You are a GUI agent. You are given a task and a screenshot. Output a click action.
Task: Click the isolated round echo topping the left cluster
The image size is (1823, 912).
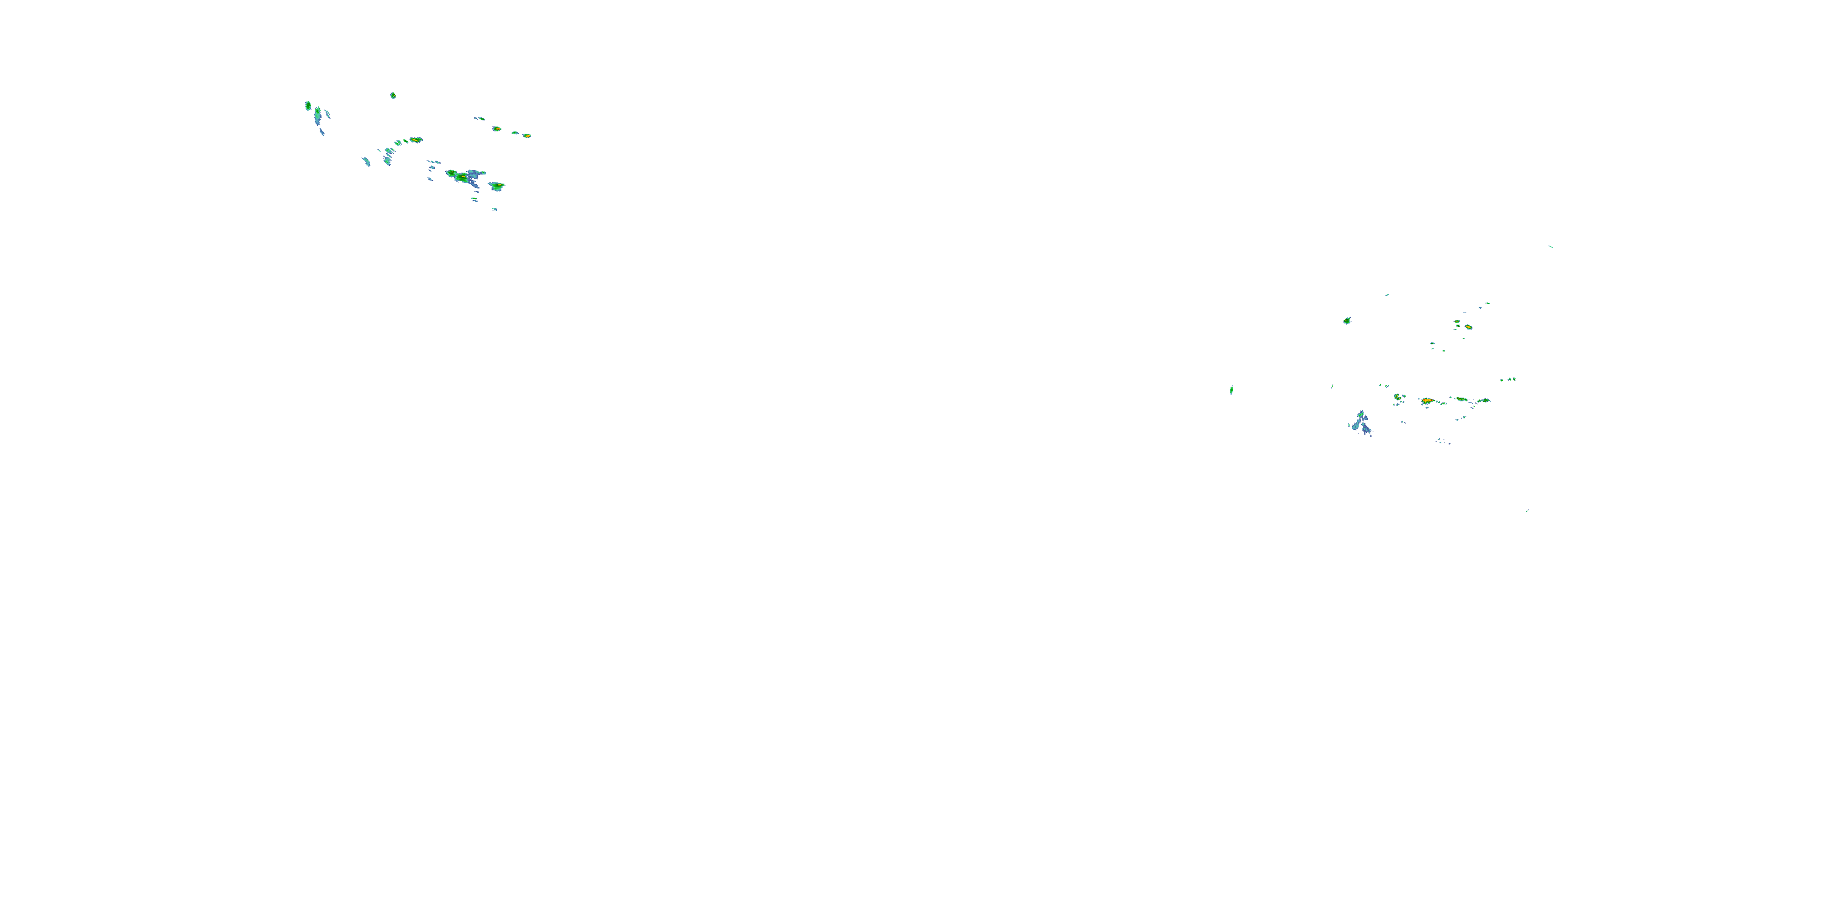(x=393, y=95)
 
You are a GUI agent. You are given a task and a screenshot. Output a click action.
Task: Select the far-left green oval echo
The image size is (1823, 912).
(x=308, y=106)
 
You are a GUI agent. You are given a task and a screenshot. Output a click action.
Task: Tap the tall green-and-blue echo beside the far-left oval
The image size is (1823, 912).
(x=318, y=113)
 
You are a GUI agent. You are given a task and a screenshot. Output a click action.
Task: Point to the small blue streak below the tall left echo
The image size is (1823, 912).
(x=322, y=132)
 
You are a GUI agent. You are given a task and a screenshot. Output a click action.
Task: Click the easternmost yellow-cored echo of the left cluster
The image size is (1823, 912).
(x=526, y=135)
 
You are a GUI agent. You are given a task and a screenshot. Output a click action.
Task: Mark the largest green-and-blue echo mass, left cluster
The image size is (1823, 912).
(x=464, y=176)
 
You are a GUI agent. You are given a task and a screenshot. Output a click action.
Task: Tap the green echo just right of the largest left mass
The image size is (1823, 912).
(x=497, y=186)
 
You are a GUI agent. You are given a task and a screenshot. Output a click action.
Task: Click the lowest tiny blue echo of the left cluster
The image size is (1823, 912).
(x=495, y=209)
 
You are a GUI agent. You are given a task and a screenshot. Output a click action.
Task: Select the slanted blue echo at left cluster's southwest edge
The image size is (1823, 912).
(x=366, y=162)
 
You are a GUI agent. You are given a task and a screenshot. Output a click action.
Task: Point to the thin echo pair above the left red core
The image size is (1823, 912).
(x=479, y=118)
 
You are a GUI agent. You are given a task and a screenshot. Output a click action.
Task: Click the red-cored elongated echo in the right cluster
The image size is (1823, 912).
(x=1427, y=401)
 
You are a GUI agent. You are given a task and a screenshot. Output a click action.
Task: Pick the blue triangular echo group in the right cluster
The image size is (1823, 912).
(x=1361, y=423)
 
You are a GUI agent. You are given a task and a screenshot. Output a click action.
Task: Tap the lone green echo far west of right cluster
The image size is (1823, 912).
(x=1231, y=390)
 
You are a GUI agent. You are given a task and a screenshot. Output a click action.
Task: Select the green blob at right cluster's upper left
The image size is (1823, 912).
(x=1347, y=321)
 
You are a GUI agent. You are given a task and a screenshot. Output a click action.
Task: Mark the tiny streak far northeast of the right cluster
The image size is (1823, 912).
(x=1551, y=246)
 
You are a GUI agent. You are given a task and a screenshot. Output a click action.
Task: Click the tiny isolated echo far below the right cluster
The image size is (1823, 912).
(x=1526, y=511)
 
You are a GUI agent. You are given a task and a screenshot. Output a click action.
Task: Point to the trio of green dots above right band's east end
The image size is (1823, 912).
(x=1508, y=379)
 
